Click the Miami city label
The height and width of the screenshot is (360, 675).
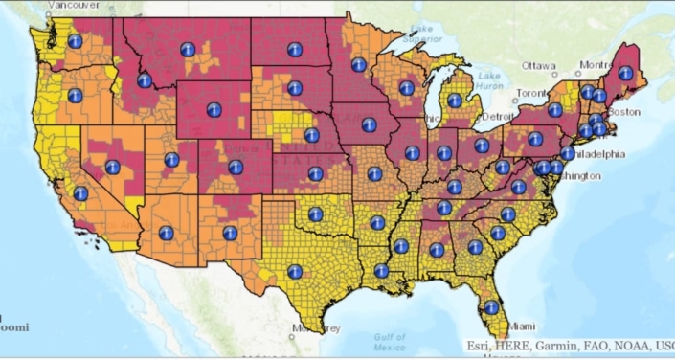(x=522, y=326)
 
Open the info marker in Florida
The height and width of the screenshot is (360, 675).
(x=491, y=307)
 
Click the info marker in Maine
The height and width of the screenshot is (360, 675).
(x=625, y=73)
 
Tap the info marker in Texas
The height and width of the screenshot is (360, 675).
(x=294, y=271)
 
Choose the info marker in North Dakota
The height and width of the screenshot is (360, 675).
(x=294, y=50)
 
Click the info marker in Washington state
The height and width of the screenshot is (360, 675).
(x=76, y=41)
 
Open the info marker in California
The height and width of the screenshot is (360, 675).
(x=80, y=193)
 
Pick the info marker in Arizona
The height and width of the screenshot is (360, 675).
(x=166, y=233)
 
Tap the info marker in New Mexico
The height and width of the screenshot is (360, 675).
(x=229, y=233)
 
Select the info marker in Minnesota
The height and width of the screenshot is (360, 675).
(x=358, y=65)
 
